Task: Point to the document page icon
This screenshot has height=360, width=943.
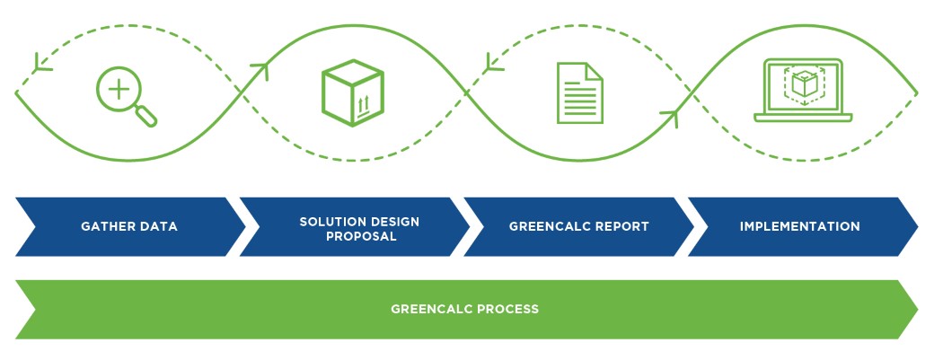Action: (x=579, y=92)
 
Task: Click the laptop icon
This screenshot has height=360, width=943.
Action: (x=802, y=91)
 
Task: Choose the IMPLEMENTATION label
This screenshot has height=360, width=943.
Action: (x=799, y=226)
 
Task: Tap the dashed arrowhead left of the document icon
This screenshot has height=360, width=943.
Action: (x=491, y=62)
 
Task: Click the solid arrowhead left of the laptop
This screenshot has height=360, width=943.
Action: (x=670, y=115)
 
